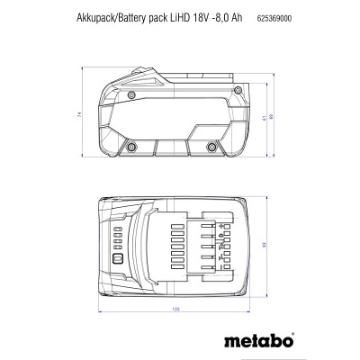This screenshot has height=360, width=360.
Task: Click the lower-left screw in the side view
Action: click(130, 146)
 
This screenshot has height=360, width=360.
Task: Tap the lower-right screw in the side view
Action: click(212, 146)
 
